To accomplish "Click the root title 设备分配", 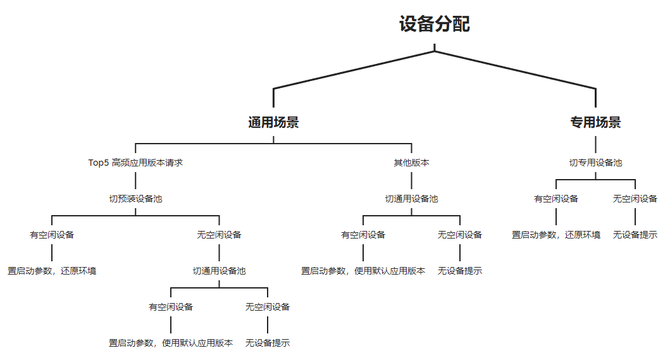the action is coord(435,24).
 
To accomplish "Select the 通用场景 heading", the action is coord(273,123).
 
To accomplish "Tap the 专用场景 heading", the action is coord(596,123).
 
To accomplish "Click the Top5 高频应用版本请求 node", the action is coord(135,163).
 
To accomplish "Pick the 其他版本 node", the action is coord(411,163).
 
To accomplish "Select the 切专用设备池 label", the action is coord(596,163).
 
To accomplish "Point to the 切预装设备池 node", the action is coord(135,199).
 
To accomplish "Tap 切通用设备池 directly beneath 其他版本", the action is coord(411,199).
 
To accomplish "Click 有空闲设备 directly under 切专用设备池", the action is coord(556,199).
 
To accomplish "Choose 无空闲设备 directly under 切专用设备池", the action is coord(635,199).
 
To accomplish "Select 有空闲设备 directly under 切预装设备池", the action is coord(52,235).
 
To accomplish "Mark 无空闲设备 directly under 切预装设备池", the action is coord(219,235).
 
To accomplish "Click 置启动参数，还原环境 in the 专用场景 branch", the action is coord(556,235).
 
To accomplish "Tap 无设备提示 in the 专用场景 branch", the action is coord(635,235).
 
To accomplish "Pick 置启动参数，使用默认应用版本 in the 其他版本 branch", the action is coord(363,271).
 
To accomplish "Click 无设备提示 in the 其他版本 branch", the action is coord(460,271).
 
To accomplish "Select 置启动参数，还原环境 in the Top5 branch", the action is coord(52,271).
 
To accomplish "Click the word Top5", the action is coord(98,163).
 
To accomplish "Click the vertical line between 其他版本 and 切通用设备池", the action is coord(411,180).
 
